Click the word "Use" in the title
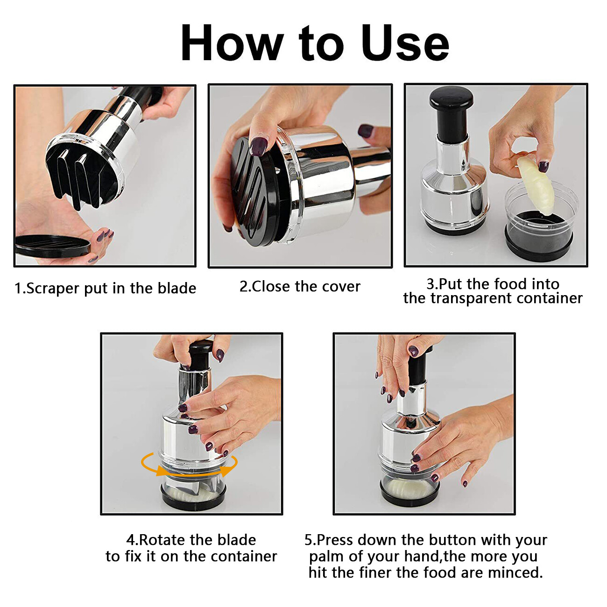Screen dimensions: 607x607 (x=405, y=43)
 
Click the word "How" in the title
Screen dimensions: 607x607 (x=232, y=43)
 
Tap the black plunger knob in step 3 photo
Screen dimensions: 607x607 (x=451, y=99)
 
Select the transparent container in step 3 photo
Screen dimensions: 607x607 (x=540, y=219)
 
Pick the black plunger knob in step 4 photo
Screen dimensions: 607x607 (x=201, y=355)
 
